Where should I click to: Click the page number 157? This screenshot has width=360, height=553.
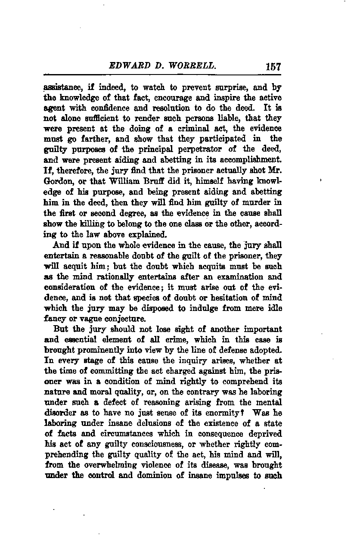(273, 67)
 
